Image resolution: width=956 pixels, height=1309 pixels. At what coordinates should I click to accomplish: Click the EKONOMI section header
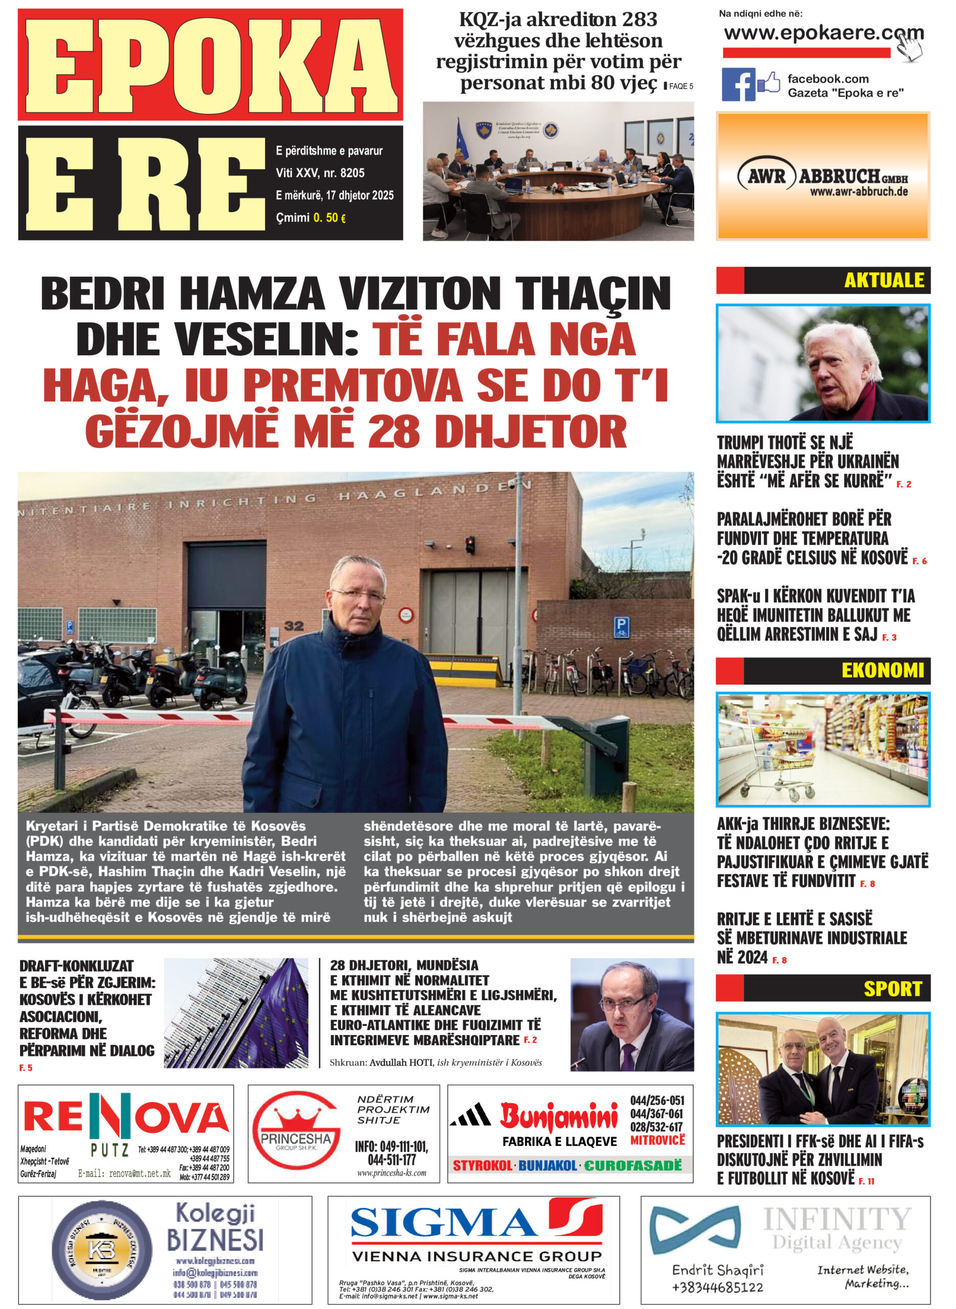[882, 670]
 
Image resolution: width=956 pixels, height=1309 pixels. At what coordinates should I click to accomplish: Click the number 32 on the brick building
[294, 625]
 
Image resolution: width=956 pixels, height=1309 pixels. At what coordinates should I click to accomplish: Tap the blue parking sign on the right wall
[621, 627]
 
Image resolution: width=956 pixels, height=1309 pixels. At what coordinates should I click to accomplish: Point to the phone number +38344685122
[717, 1288]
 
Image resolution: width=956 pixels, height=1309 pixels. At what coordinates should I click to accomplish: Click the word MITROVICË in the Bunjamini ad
[657, 1140]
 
